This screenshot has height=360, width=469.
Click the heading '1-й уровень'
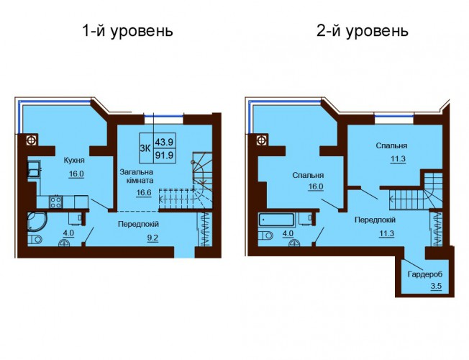(x=128, y=31)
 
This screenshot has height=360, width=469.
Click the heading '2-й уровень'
(x=363, y=31)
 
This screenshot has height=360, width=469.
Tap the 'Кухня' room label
(x=74, y=161)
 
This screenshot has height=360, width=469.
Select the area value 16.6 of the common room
(x=144, y=192)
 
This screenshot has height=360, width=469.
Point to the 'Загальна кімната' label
(x=137, y=176)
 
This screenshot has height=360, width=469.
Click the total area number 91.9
(x=164, y=156)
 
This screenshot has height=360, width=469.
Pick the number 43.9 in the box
(x=164, y=141)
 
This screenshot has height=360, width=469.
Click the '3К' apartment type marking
(x=146, y=148)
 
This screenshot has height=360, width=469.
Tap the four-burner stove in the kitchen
(x=56, y=202)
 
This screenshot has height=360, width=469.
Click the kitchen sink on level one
(x=34, y=169)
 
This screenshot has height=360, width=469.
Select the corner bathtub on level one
(x=37, y=222)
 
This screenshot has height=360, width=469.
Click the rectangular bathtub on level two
(x=276, y=220)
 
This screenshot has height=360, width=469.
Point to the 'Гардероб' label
(x=424, y=274)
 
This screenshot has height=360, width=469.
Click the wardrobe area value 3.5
(x=436, y=286)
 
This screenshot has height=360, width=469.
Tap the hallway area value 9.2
(x=152, y=238)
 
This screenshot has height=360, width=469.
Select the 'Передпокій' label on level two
(x=375, y=220)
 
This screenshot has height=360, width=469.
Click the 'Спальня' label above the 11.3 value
(x=391, y=146)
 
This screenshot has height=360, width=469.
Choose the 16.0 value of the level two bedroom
(x=317, y=186)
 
